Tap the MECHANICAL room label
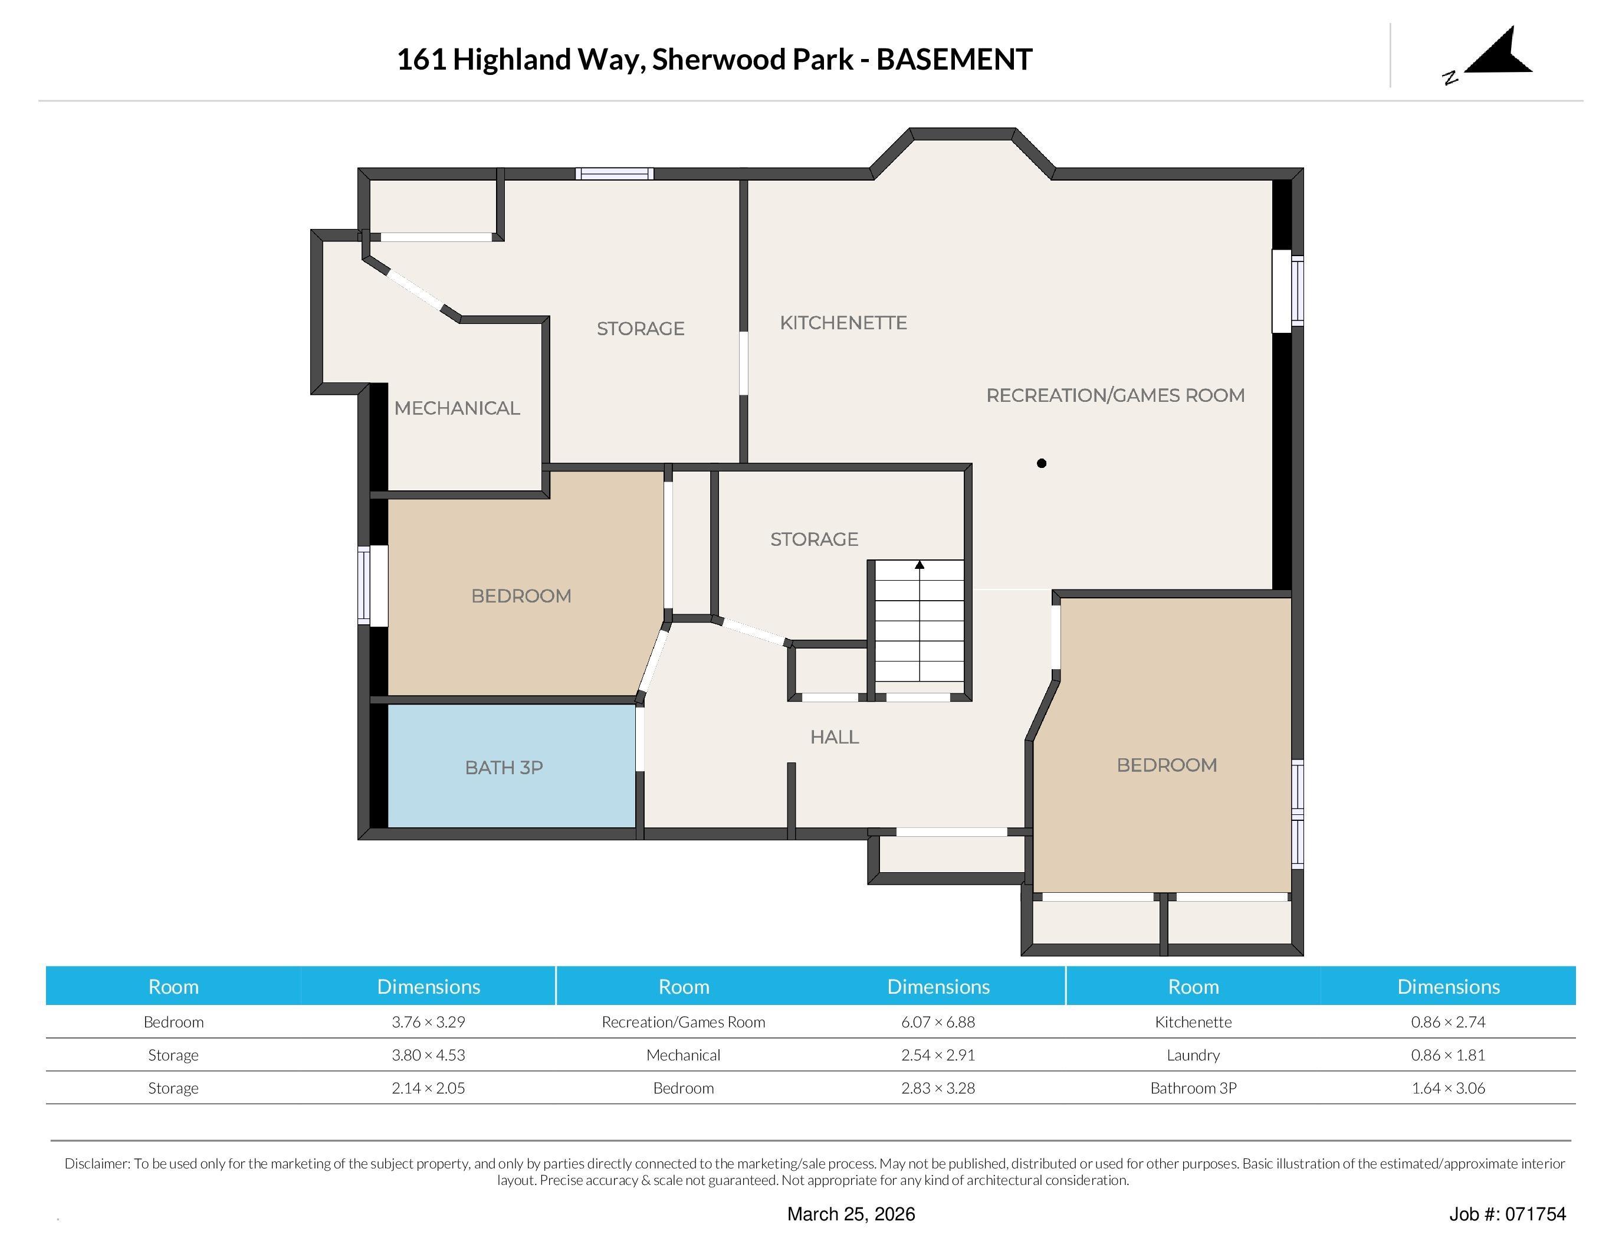click(457, 408)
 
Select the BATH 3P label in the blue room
click(504, 767)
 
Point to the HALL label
click(834, 737)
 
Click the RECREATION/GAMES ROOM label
click(1115, 395)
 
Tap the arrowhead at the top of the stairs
click(920, 565)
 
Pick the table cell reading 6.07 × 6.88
click(938, 1021)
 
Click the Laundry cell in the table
click(1193, 1055)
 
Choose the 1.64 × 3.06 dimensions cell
click(1448, 1088)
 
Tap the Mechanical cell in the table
click(683, 1055)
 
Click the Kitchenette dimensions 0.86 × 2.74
click(1448, 1021)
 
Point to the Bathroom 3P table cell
click(1193, 1088)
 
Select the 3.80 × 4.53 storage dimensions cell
click(429, 1055)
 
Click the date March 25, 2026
click(851, 1214)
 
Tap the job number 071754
click(1536, 1214)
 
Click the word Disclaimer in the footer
click(97, 1163)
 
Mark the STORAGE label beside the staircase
click(814, 539)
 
